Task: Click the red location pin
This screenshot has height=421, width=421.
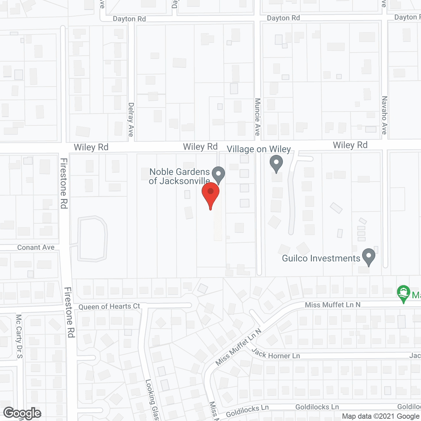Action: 210,194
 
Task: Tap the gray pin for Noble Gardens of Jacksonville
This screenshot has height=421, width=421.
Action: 218,174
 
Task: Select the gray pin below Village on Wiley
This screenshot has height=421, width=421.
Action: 276,163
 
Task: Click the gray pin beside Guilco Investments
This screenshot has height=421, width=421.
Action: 369,257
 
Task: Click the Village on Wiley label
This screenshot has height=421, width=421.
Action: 259,149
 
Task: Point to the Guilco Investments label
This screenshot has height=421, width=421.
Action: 321,258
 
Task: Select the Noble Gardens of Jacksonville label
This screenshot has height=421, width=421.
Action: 179,176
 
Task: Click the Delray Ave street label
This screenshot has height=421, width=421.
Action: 131,119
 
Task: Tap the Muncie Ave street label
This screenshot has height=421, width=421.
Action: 258,117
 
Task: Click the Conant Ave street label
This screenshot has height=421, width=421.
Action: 36,247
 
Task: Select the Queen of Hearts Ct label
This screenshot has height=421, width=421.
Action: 109,307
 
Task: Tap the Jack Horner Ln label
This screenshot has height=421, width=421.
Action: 276,354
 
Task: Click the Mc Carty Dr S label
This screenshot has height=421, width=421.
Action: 19,336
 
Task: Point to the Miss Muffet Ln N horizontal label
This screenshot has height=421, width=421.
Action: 333,305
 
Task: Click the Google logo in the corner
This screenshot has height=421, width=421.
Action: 22,413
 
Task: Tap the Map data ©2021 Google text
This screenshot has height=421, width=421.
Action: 381,416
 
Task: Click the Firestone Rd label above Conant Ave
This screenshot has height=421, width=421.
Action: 64,183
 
